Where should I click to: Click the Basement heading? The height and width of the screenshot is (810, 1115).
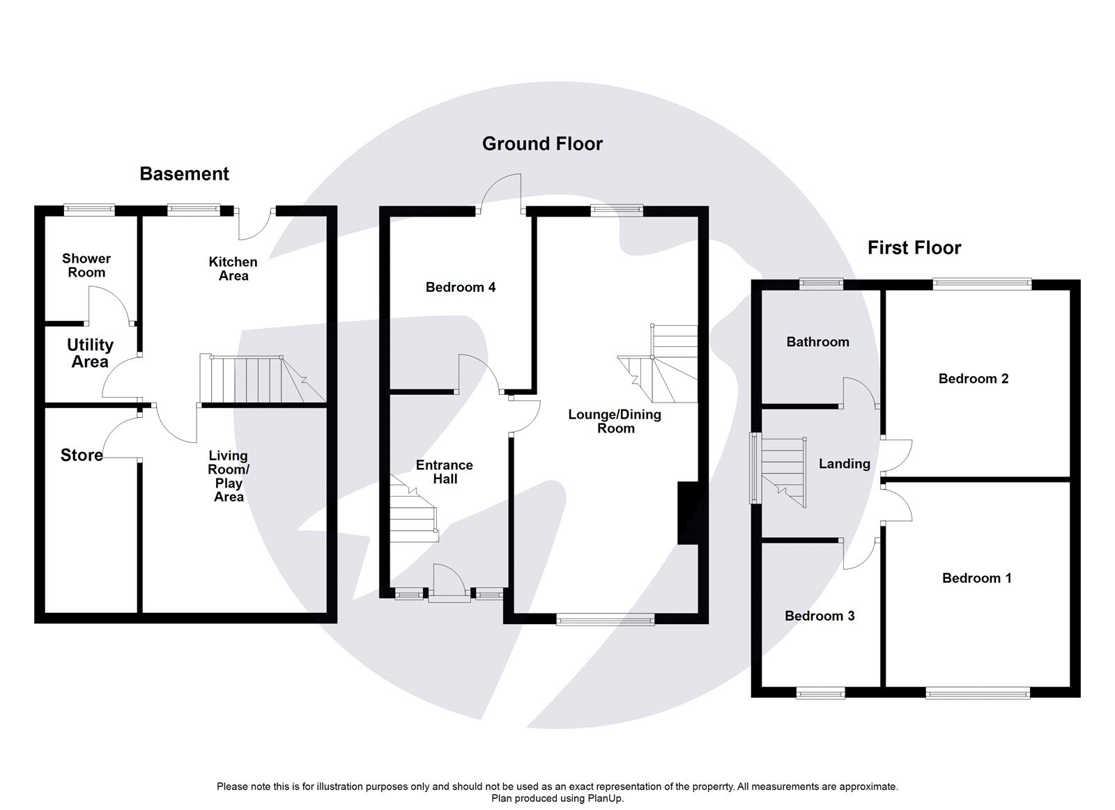(184, 174)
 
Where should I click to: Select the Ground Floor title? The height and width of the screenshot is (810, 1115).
(542, 144)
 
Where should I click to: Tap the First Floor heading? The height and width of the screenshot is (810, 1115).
(914, 248)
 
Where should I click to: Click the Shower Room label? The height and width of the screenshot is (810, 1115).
(86, 265)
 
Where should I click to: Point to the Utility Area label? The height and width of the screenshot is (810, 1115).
(90, 353)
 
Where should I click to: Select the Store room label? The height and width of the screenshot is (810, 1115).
(82, 455)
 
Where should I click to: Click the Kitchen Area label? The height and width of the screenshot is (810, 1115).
(233, 269)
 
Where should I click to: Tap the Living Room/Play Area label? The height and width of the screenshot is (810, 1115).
(229, 476)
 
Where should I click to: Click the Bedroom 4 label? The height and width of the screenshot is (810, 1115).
(461, 287)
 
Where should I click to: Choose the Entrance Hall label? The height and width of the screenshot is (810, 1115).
(445, 472)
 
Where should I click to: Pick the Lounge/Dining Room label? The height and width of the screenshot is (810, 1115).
(615, 421)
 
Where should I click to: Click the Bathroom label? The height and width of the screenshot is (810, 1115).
(817, 342)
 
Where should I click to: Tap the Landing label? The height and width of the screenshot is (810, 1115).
(844, 464)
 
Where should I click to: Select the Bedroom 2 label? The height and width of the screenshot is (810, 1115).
(973, 379)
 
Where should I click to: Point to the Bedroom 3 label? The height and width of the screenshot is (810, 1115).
(820, 616)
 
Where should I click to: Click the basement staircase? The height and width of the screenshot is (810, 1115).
(254, 380)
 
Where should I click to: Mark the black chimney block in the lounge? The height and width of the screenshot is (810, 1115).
(687, 513)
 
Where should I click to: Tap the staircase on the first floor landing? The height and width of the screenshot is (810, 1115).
(783, 472)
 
